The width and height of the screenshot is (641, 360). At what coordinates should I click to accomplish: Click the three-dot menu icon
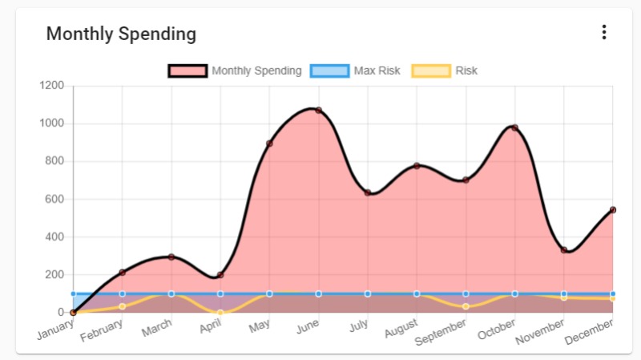point(604,33)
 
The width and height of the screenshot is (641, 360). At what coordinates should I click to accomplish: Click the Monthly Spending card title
point(121,34)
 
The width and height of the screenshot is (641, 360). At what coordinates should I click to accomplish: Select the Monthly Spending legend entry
point(235,71)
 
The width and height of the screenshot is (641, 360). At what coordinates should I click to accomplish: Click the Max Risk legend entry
point(357,71)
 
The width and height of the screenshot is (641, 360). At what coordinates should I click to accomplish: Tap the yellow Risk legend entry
point(445,71)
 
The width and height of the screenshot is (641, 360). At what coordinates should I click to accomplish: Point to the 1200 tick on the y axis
point(52,86)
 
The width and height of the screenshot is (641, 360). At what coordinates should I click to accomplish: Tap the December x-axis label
point(591,331)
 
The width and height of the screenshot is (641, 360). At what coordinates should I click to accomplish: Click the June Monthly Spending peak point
point(318,110)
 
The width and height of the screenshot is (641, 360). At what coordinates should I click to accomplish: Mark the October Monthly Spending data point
point(514,127)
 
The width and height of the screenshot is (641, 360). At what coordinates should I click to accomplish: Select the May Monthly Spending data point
point(269,144)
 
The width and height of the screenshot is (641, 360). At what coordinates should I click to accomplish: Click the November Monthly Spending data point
point(564,250)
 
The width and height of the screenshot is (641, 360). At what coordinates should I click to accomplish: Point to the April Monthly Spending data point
point(220,275)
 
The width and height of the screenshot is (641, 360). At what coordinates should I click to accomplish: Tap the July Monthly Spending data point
point(368,192)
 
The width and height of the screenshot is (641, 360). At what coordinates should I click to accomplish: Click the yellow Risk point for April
point(220,313)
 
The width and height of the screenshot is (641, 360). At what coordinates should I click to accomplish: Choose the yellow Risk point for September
point(466,306)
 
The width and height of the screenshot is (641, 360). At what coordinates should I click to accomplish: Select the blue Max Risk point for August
point(417,293)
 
